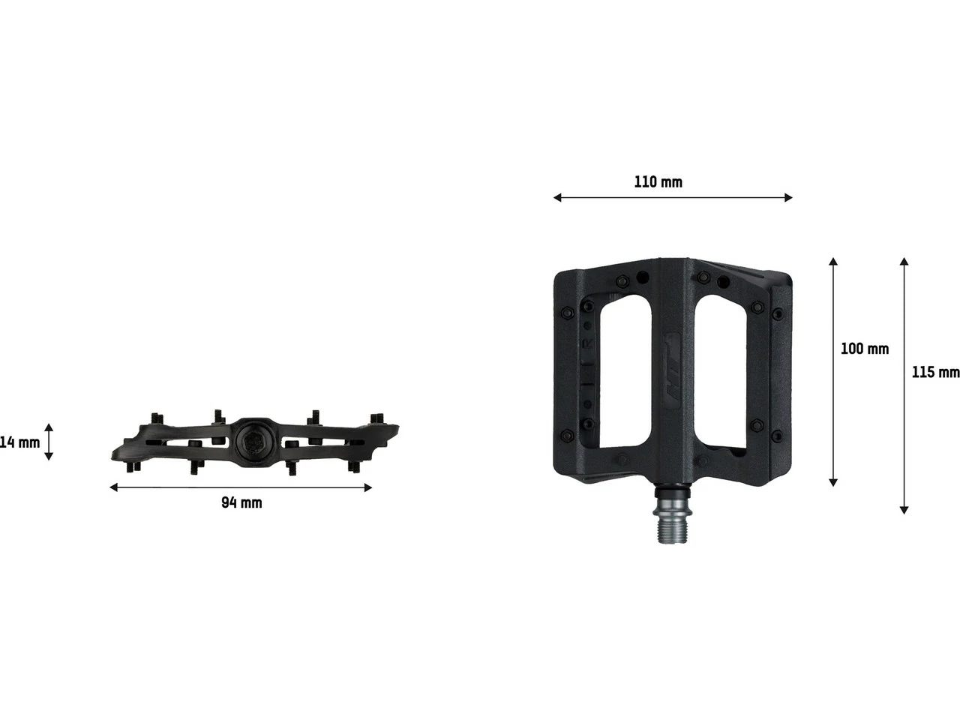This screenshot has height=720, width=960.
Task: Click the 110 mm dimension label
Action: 658,181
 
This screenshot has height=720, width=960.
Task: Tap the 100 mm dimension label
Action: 864,349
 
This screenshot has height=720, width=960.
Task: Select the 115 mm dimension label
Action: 934,372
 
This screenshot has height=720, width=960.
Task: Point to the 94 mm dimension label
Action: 241,502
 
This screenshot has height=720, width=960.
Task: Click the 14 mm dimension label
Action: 19,442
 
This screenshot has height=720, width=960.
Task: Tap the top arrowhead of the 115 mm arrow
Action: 904,262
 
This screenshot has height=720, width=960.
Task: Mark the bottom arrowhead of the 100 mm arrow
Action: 833,481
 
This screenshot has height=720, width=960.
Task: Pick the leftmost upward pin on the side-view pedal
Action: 157,418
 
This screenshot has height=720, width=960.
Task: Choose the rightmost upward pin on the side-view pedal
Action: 377,417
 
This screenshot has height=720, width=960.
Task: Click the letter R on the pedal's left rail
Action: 588,343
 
